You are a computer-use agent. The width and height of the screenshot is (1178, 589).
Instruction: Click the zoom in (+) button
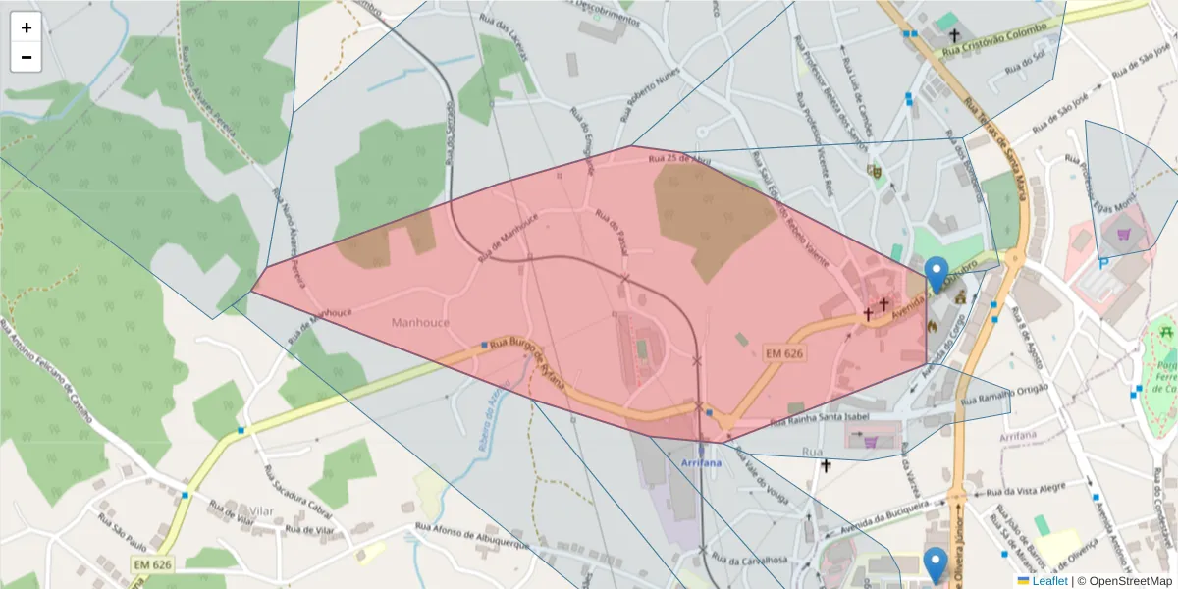(x=27, y=27)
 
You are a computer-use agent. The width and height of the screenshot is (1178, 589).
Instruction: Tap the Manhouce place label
(x=420, y=322)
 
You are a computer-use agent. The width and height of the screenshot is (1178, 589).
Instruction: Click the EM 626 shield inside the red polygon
(x=784, y=352)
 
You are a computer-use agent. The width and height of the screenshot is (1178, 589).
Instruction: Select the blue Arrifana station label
(x=701, y=461)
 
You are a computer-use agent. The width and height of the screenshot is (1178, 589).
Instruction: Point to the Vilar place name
(x=261, y=511)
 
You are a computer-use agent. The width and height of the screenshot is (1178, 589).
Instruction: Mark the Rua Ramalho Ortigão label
(x=999, y=395)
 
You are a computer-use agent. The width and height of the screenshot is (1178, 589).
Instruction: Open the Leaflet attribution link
(x=1049, y=581)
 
